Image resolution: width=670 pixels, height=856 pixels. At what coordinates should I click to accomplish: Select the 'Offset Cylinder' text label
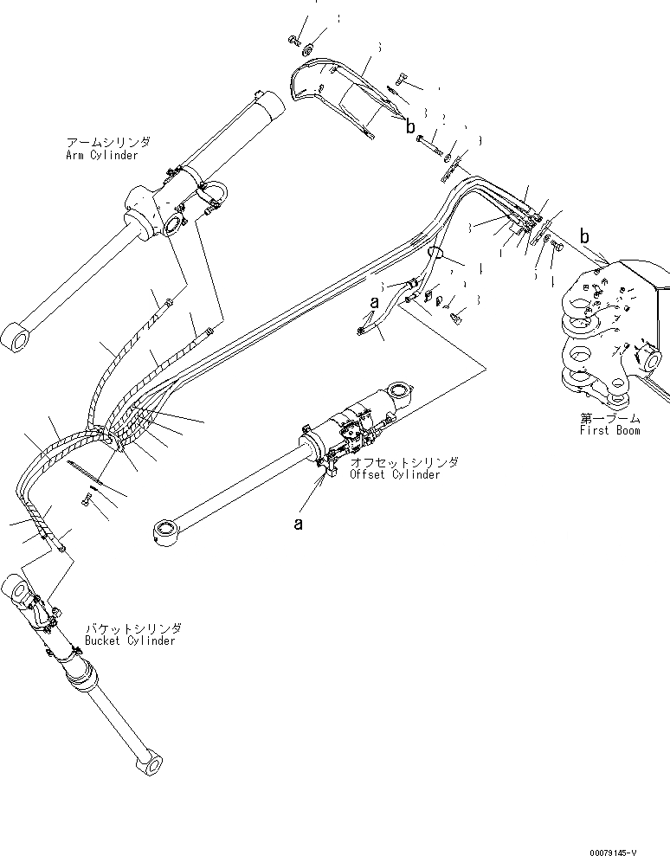pyautogui.click(x=394, y=474)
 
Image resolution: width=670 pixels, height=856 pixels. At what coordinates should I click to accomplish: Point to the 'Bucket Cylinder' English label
pyautogui.click(x=130, y=640)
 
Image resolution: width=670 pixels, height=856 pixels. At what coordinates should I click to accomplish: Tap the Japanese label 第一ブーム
pyautogui.click(x=610, y=418)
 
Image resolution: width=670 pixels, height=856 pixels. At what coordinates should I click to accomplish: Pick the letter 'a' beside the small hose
pyautogui.click(x=374, y=304)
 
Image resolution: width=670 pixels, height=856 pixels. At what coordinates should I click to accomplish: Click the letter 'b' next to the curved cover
pyautogui.click(x=409, y=126)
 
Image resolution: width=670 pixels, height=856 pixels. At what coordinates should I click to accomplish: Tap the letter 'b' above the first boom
pyautogui.click(x=584, y=236)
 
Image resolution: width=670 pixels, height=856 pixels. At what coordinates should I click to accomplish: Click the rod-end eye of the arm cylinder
pyautogui.click(x=16, y=337)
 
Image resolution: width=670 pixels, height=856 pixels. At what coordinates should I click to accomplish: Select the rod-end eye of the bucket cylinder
pyautogui.click(x=149, y=765)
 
